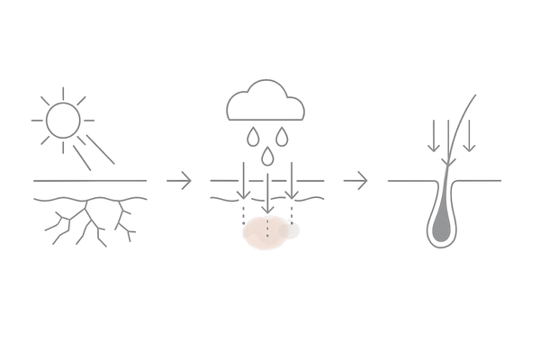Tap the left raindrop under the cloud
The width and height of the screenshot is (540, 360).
pyautogui.click(x=254, y=138)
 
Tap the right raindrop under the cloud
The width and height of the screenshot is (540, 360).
pyautogui.click(x=283, y=138)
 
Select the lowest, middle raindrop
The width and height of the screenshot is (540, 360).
pyautogui.click(x=268, y=157)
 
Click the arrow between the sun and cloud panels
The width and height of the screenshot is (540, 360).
pyautogui.click(x=181, y=181)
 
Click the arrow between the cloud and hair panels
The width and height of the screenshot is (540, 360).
pyautogui.click(x=359, y=181)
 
